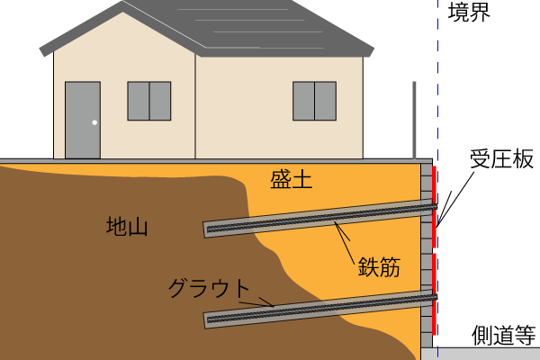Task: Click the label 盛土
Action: [x=291, y=179]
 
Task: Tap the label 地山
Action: [x=127, y=226]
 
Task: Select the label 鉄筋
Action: [x=378, y=267]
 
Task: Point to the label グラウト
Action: [x=209, y=289]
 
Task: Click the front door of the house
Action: [x=82, y=120]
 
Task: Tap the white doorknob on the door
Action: [x=94, y=122]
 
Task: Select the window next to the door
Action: [x=148, y=101]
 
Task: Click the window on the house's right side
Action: [x=314, y=101]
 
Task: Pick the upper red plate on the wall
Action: [x=435, y=206]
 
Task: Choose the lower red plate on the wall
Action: [x=435, y=293]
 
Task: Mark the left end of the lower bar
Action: [x=208, y=319]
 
